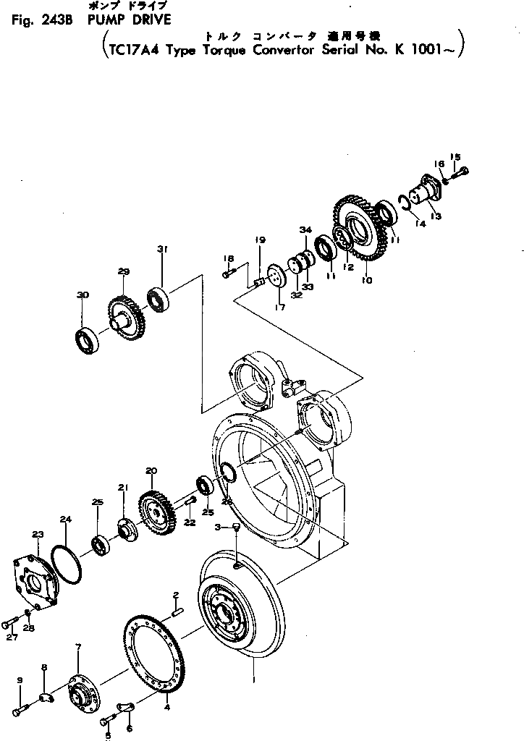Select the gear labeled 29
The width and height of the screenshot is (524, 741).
127,313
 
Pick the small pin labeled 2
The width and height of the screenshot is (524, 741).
176,612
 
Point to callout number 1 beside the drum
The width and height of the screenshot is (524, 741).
253,680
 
